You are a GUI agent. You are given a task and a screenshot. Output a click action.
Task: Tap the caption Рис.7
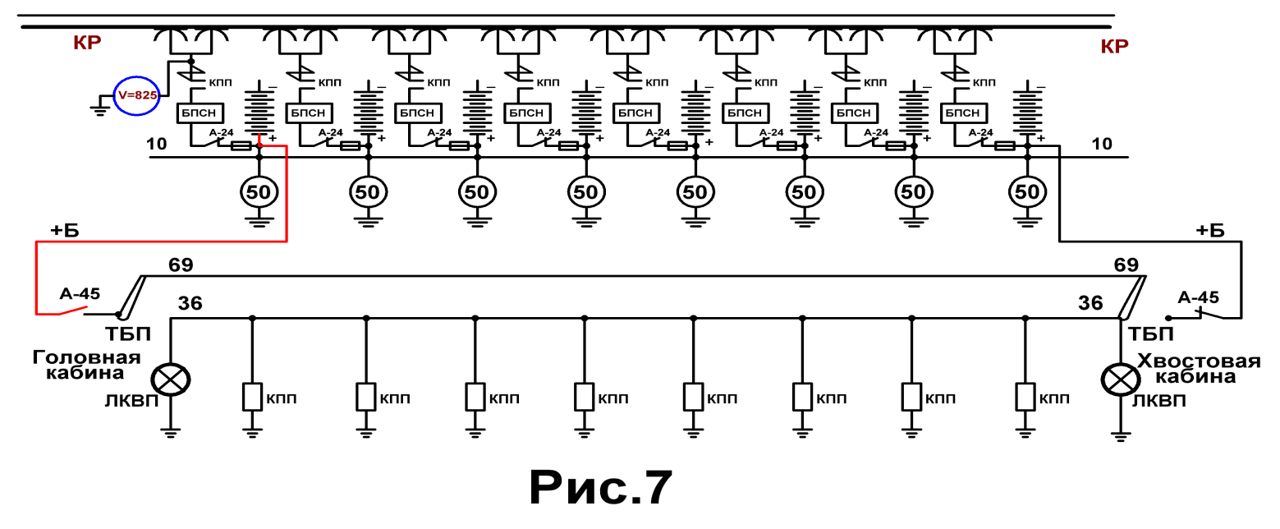(x=600, y=488)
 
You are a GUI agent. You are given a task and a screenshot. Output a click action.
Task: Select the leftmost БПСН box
(x=199, y=113)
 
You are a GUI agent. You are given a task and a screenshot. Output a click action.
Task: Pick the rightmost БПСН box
(x=963, y=113)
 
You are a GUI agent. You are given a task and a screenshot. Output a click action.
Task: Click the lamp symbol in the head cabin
(x=170, y=379)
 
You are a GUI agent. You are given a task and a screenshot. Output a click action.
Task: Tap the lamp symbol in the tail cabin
(x=1121, y=379)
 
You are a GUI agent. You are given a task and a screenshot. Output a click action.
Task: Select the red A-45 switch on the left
(x=72, y=310)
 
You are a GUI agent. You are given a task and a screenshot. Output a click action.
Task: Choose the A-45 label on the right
(x=1198, y=297)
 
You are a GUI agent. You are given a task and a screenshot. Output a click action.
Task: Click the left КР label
(x=87, y=43)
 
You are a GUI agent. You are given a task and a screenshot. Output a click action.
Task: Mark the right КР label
(x=1114, y=46)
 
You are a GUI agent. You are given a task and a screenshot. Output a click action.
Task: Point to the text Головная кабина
(x=86, y=366)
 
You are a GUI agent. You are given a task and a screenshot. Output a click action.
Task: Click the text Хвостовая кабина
(x=1198, y=369)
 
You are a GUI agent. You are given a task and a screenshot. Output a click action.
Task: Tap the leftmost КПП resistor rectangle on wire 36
(x=252, y=397)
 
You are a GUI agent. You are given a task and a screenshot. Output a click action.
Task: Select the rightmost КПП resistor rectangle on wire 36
(x=1025, y=397)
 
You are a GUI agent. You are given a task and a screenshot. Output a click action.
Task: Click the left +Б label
(x=65, y=231)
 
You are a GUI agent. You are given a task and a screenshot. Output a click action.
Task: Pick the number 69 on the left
(x=181, y=264)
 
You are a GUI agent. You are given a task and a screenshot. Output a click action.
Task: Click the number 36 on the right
(x=1090, y=302)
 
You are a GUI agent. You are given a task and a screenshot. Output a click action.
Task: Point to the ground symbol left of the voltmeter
(x=99, y=108)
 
